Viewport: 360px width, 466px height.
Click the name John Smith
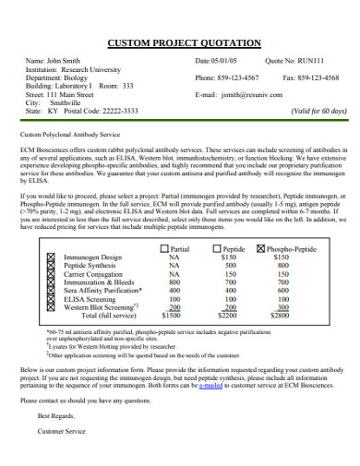(63, 60)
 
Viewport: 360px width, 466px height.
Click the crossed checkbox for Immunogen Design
(49, 231)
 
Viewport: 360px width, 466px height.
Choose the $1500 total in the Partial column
(172, 290)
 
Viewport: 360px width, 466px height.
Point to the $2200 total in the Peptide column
(227, 290)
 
